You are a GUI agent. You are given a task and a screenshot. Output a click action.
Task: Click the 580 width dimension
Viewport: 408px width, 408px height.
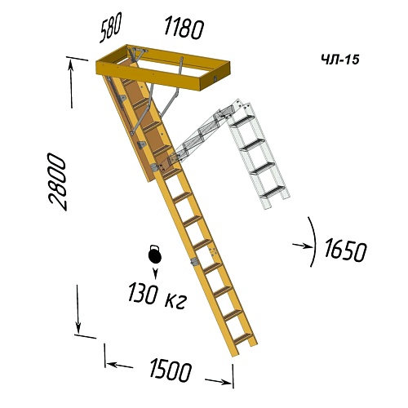109,28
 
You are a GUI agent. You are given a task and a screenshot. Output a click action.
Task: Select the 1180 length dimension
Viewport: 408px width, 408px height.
184,28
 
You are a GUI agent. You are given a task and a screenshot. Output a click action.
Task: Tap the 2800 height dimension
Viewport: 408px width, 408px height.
57,182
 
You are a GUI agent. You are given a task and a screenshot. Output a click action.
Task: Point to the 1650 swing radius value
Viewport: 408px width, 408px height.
345,250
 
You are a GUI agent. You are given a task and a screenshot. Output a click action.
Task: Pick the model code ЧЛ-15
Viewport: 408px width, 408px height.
340,60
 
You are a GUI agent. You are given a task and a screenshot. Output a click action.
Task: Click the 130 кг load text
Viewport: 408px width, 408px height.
157,295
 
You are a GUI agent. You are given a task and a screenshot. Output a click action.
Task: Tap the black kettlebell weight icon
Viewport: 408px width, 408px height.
155,255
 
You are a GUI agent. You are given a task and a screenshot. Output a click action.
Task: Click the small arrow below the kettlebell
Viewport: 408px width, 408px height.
155,273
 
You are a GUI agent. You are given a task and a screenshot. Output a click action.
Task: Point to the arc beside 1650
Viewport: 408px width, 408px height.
315,242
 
